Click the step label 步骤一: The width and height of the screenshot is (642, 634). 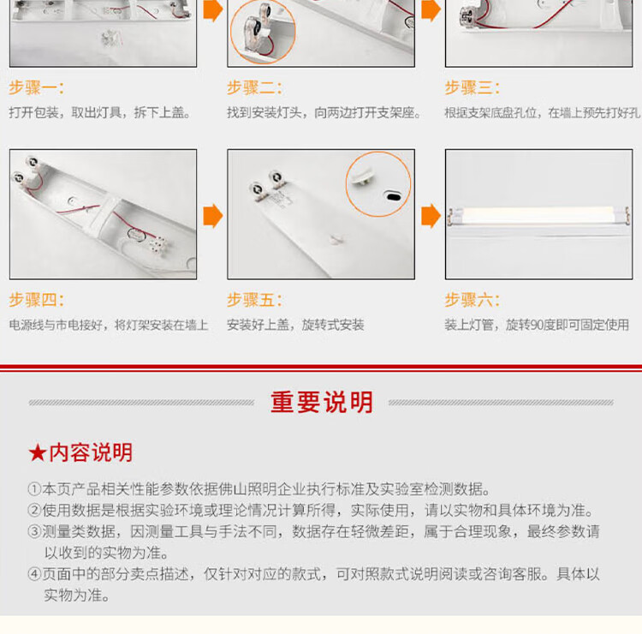click(x=37, y=87)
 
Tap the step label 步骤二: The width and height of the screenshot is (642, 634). click(x=254, y=87)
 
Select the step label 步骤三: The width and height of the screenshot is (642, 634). click(x=472, y=87)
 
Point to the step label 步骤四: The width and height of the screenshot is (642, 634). click(x=37, y=300)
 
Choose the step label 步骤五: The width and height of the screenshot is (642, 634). click(x=254, y=300)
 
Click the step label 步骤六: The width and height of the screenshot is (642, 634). click(x=472, y=300)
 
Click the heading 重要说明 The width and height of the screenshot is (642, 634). click(x=321, y=402)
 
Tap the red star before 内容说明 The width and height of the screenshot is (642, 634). click(x=38, y=453)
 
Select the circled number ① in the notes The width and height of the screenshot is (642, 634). click(x=34, y=489)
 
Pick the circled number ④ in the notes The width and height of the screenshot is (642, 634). click(x=34, y=574)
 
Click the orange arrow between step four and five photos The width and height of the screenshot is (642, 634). click(x=213, y=216)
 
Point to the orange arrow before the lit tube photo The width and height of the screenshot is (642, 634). click(x=431, y=216)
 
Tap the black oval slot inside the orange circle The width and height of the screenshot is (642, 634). click(x=393, y=197)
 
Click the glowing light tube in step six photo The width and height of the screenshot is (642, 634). click(x=539, y=215)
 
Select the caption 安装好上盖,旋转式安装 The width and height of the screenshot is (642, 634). click(x=295, y=325)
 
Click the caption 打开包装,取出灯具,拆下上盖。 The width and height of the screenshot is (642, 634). click(x=100, y=112)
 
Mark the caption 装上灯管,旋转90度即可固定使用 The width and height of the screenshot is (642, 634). click(x=537, y=325)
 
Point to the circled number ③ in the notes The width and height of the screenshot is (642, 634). click(x=34, y=531)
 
